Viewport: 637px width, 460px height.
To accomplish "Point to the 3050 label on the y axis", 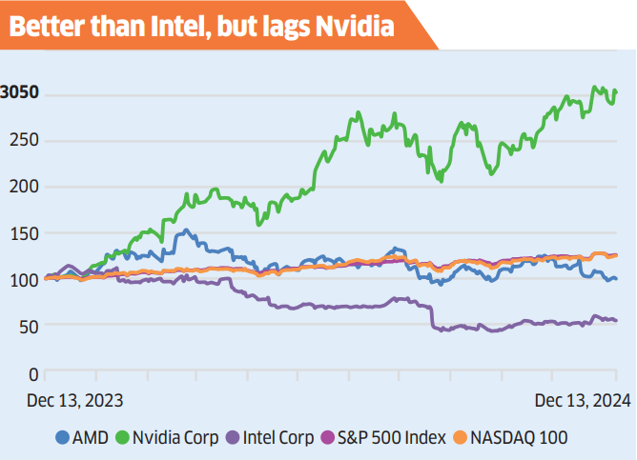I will pyautogui.click(x=20, y=93).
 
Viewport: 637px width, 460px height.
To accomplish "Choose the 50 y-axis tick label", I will pyautogui.click(x=29, y=326).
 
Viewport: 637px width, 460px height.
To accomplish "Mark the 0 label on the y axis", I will pyautogui.click(x=33, y=372).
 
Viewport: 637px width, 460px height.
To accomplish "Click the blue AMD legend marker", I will pyautogui.click(x=63, y=438).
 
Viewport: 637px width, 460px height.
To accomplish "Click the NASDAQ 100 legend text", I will pyautogui.click(x=520, y=438).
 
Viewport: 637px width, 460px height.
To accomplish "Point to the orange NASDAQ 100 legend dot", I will pyautogui.click(x=459, y=438).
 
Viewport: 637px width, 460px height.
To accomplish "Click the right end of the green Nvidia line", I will pyautogui.click(x=616, y=91).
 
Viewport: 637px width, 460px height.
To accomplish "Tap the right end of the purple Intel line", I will pyautogui.click(x=616, y=320).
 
